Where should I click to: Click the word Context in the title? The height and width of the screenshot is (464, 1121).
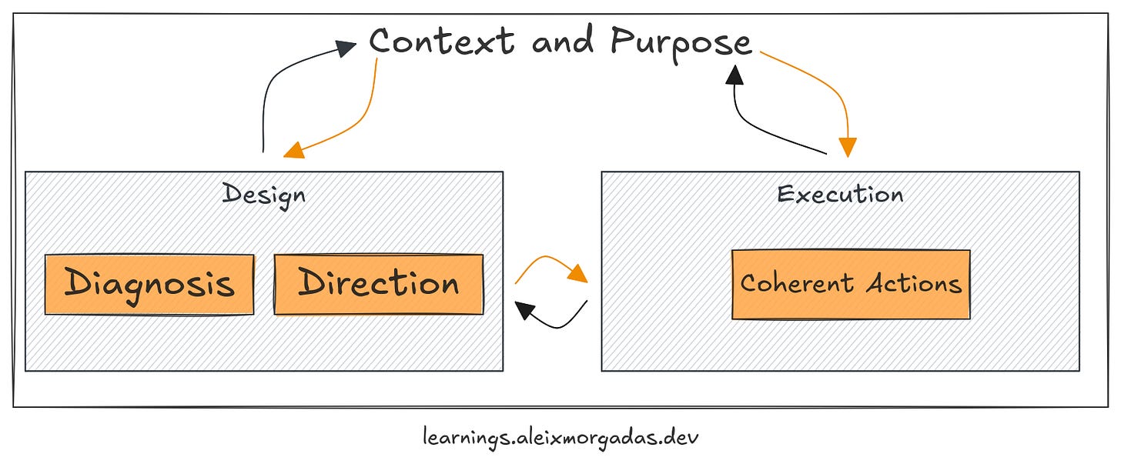[441, 41]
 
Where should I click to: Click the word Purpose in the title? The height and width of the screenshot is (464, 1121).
[681, 42]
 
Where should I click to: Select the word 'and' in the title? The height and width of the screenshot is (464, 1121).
[562, 41]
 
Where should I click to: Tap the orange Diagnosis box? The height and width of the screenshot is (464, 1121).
[149, 284]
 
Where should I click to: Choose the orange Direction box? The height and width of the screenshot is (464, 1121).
[379, 284]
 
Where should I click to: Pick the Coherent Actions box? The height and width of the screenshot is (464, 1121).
[851, 284]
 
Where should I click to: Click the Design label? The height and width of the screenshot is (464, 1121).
[263, 194]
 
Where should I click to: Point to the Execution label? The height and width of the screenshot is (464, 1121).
[840, 194]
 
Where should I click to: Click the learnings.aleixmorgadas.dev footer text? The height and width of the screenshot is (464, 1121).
[561, 438]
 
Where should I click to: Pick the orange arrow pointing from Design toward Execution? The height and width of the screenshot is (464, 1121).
[550, 267]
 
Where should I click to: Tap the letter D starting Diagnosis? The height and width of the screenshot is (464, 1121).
[78, 283]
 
